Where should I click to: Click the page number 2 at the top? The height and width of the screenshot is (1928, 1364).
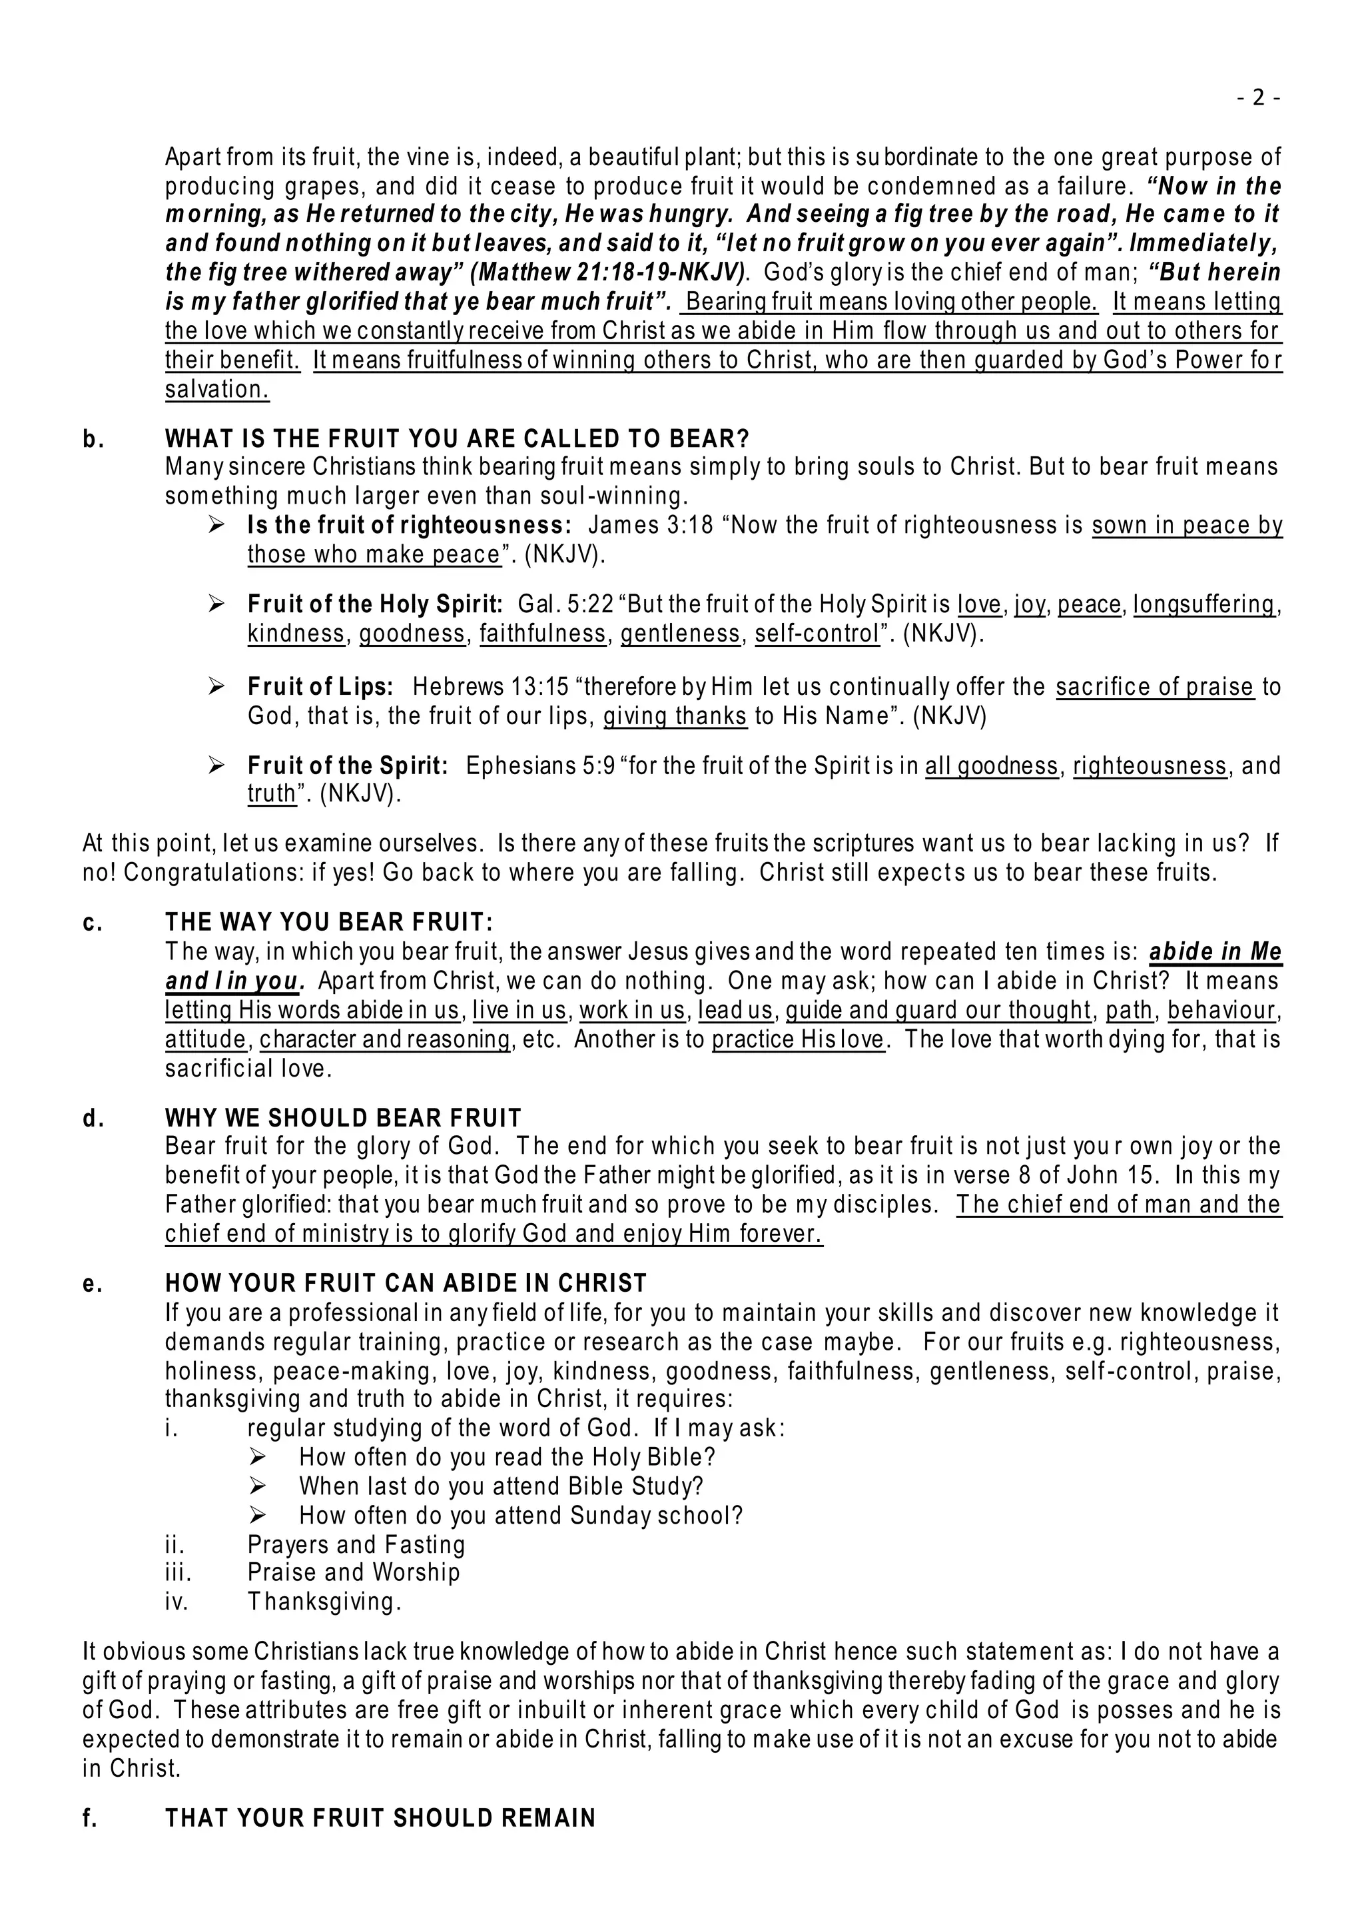tap(1257, 99)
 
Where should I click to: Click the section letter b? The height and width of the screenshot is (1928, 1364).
tap(93, 440)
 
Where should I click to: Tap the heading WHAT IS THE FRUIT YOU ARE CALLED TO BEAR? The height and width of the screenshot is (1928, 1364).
tap(457, 440)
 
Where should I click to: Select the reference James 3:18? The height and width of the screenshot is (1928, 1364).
tap(650, 526)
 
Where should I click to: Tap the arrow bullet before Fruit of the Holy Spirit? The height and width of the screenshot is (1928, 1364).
tap(216, 604)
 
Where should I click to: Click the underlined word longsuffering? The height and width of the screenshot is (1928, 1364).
tap(1203, 605)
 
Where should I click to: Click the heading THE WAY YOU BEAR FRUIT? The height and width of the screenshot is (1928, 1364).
tap(329, 923)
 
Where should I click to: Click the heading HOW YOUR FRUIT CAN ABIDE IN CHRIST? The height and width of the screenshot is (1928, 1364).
tap(406, 1284)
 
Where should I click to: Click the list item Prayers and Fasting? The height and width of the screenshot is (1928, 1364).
tap(356, 1544)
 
